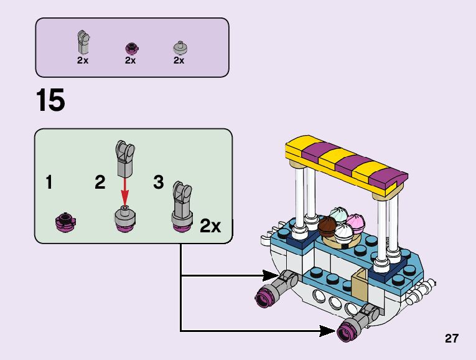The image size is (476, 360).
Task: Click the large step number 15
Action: click(x=50, y=101)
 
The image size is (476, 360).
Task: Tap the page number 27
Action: click(x=452, y=339)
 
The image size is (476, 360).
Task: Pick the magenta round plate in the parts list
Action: click(x=131, y=48)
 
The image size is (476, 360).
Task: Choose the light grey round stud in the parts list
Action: click(x=179, y=47)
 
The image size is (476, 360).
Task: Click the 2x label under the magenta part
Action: click(x=130, y=60)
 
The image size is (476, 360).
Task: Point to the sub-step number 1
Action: click(x=49, y=183)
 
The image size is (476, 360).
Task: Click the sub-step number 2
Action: click(x=100, y=183)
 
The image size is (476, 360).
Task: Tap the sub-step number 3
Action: click(x=158, y=183)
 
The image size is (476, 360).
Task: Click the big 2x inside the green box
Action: click(x=210, y=226)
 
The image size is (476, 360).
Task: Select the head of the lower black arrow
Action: click(x=328, y=331)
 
